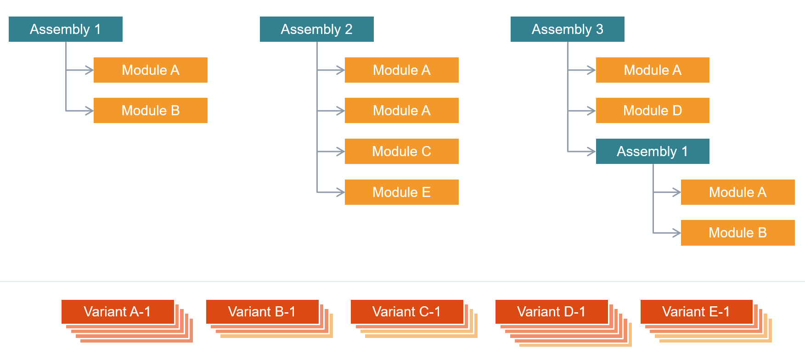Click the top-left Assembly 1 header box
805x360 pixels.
65,29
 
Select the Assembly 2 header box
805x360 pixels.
316,29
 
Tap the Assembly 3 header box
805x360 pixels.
567,29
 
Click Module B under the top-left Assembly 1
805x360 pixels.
150,110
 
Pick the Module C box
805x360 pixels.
401,151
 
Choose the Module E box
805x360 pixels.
401,192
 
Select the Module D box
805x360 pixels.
652,110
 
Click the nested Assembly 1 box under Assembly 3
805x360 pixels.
652,151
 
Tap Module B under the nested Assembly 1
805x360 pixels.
737,233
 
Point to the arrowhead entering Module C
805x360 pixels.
341,152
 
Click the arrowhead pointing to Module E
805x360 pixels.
341,192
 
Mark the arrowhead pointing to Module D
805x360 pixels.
592,111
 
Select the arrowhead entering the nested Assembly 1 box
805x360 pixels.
592,152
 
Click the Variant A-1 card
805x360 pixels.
118,312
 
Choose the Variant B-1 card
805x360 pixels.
262,312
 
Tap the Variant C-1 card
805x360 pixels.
407,312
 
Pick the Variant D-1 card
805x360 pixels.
552,312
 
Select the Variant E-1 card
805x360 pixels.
696,312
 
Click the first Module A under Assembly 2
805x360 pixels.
401,70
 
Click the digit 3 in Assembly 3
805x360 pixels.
600,29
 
